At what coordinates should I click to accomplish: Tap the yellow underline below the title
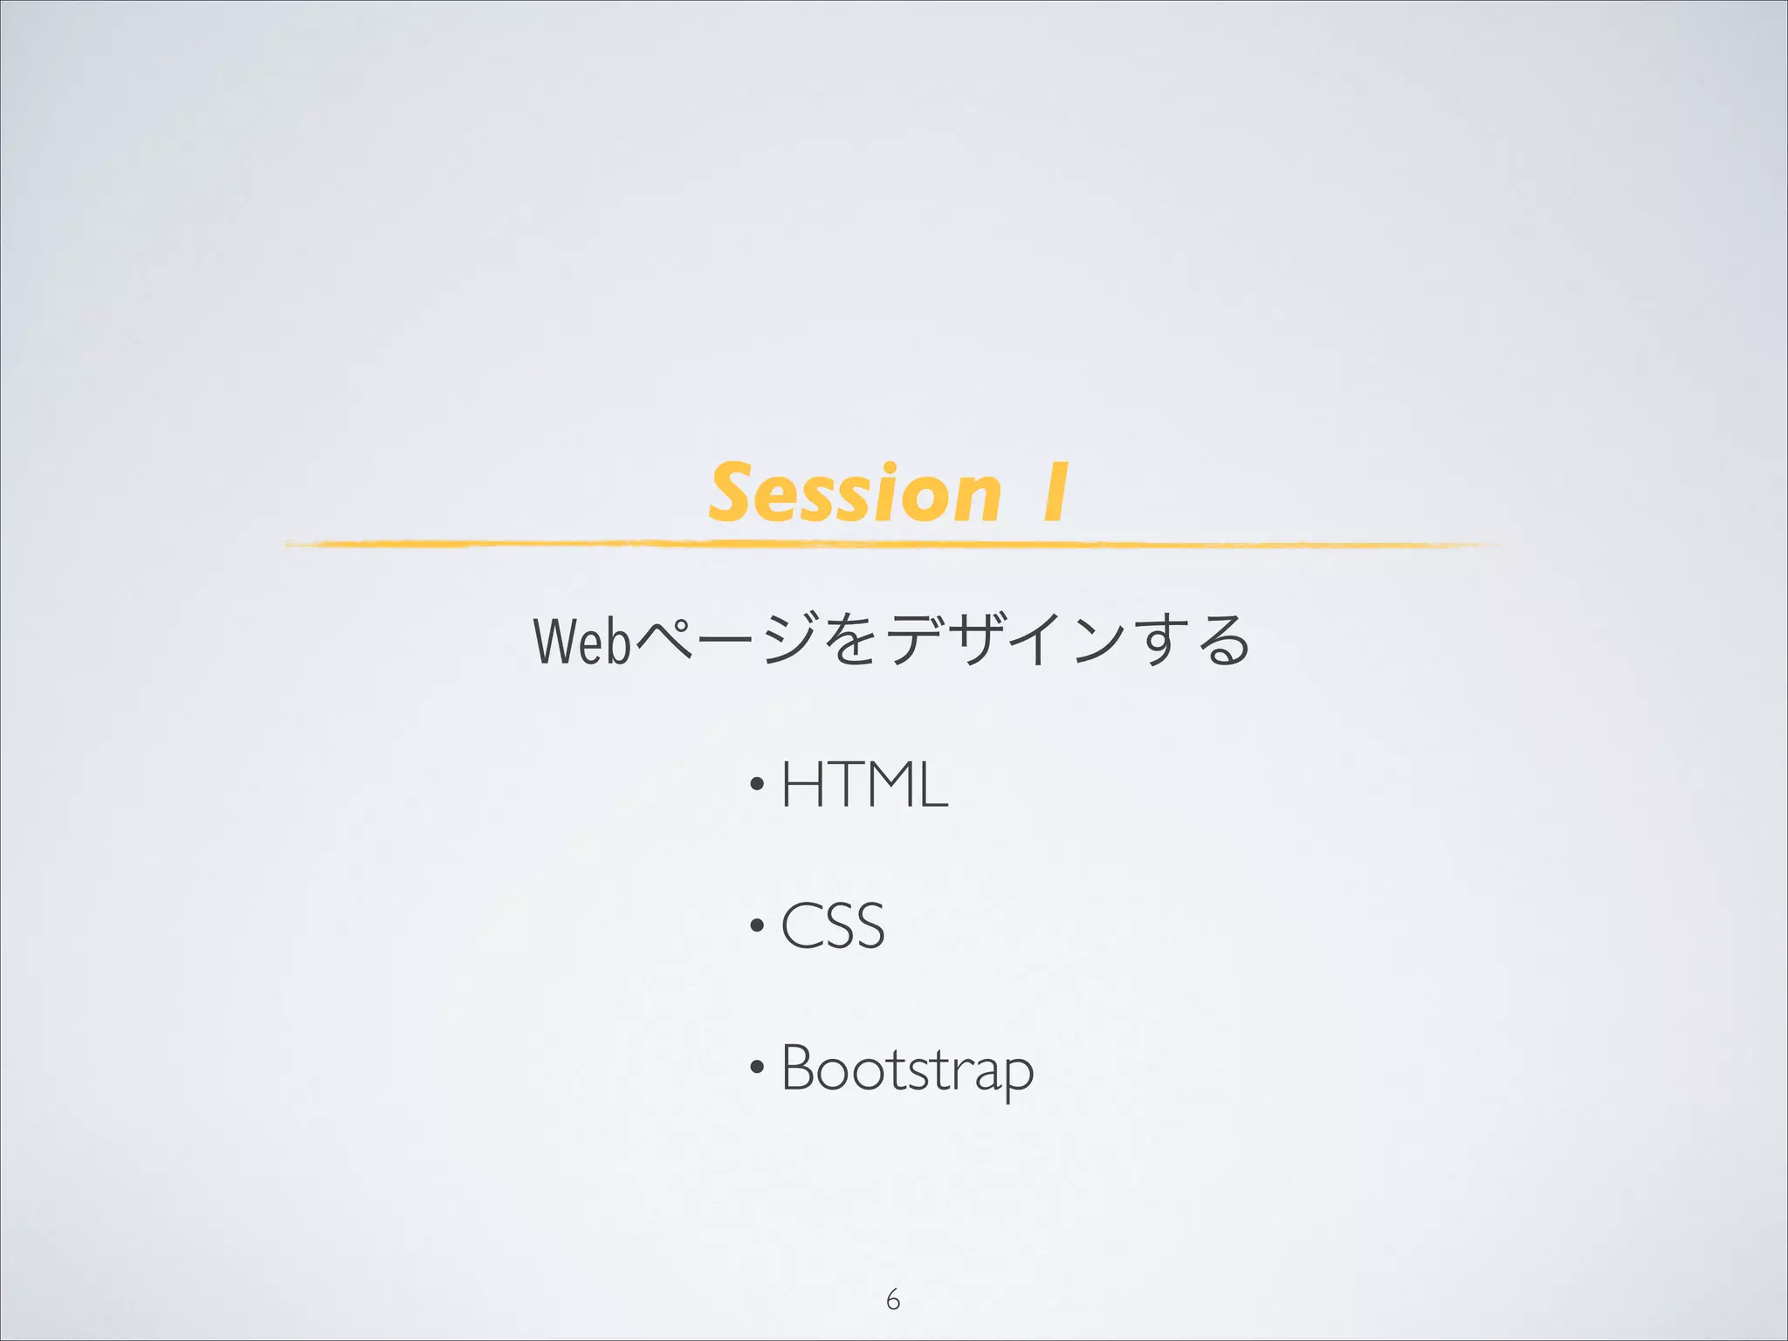tap(891, 544)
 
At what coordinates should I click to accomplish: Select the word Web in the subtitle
tap(581, 641)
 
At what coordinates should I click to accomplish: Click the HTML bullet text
tap(863, 784)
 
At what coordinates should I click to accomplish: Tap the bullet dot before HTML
tap(757, 784)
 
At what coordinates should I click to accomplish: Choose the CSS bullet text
tap(832, 925)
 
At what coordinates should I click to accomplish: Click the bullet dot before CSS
tap(757, 925)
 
